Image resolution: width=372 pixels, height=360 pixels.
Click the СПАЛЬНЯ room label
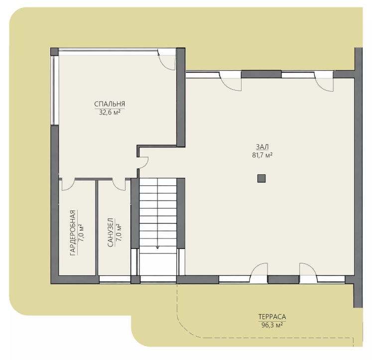click(110, 104)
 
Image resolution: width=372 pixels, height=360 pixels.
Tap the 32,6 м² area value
click(110, 112)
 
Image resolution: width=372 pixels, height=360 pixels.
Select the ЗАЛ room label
click(262, 147)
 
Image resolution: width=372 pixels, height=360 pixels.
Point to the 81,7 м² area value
click(262, 155)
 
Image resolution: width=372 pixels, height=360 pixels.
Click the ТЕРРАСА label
click(272, 317)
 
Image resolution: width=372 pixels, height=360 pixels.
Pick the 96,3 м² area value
click(272, 325)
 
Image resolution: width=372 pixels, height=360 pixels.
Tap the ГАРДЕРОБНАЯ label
click(73, 233)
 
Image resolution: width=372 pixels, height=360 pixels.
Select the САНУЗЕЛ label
click(111, 233)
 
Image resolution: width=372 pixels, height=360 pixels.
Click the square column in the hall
click(261, 178)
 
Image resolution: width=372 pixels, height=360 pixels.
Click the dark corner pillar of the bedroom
click(54, 51)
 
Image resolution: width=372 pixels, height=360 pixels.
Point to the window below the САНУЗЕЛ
click(115, 280)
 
